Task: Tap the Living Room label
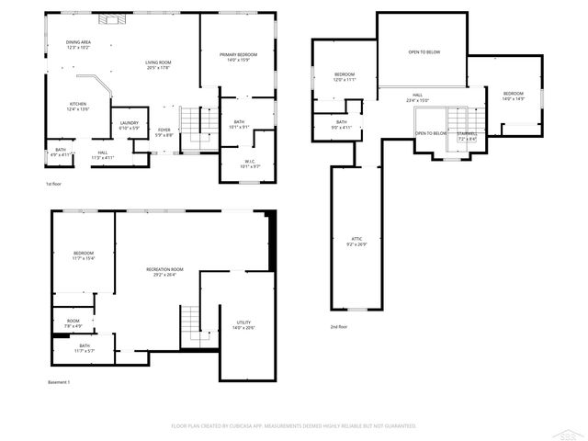point(159,64)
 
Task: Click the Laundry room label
point(129,125)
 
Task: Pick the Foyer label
point(164,132)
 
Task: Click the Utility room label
point(243,324)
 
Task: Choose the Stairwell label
point(468,136)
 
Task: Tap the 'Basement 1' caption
point(59,382)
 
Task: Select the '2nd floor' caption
point(339,327)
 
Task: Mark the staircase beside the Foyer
point(191,119)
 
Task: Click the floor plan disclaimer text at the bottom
point(294,426)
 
